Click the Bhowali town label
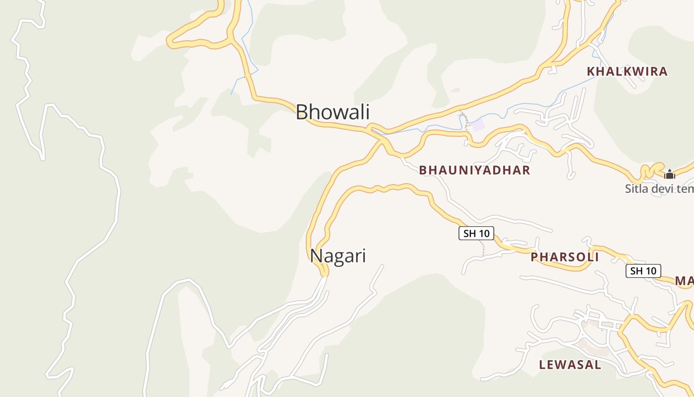[x=333, y=112]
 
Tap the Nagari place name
[x=338, y=256]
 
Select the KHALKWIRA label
[x=627, y=71]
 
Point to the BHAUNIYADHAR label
[x=474, y=170]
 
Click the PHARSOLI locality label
[x=565, y=257]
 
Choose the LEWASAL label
[x=570, y=365]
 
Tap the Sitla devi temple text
[x=659, y=189]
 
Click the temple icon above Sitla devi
[x=670, y=174]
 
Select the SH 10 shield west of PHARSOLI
[x=476, y=233]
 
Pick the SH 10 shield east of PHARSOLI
[x=643, y=271]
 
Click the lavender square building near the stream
[x=478, y=125]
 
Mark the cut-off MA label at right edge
[x=684, y=281]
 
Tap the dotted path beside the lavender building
[x=465, y=120]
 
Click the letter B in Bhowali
[x=302, y=112]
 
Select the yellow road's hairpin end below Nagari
[x=324, y=272]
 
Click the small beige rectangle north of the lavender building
[x=455, y=90]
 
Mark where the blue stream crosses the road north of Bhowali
[x=246, y=76]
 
